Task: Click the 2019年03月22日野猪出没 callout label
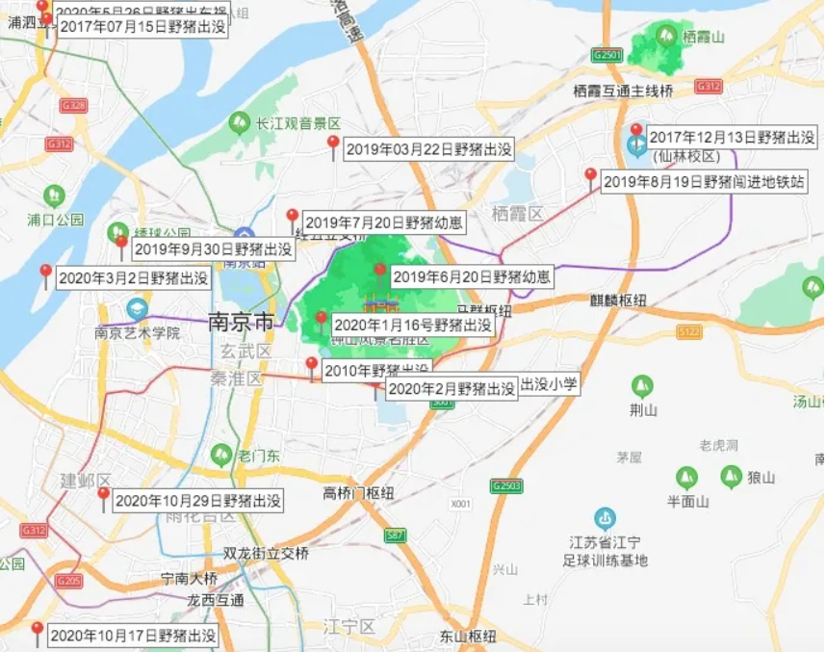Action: pos(428,149)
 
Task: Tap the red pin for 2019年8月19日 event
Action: pos(590,175)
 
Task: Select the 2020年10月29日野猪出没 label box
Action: pos(198,501)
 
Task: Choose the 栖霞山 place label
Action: pos(702,37)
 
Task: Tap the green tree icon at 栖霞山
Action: pos(665,36)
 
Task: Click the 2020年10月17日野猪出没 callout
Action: pos(133,636)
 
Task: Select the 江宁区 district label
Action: pos(349,627)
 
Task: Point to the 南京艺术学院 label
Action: pos(138,333)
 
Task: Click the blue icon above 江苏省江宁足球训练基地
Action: pos(605,517)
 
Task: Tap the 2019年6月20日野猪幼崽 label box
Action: pos(471,277)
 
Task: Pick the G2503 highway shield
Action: pos(505,486)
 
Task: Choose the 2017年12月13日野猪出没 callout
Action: pos(733,139)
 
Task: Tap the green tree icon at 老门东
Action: pos(222,454)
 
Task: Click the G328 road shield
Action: pos(73,104)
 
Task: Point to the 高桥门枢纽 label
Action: pos(359,493)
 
